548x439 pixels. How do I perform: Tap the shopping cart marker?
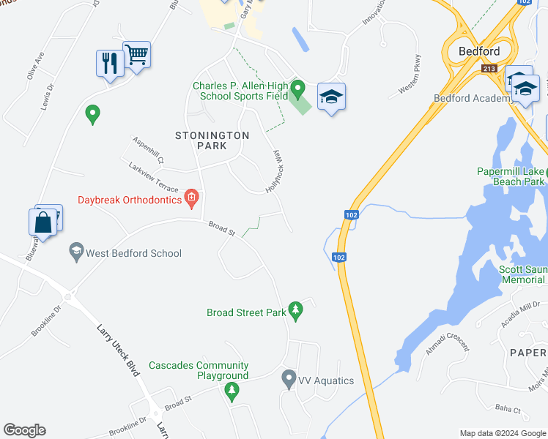tap(136, 54)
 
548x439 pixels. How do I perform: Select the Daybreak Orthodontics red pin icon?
tap(191, 198)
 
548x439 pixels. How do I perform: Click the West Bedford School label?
tap(133, 253)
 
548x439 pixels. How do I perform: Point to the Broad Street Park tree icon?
tap(296, 311)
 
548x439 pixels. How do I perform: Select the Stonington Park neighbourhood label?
tap(212, 141)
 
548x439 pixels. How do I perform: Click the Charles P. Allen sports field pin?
tap(297, 89)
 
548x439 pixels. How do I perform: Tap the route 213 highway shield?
tap(490, 69)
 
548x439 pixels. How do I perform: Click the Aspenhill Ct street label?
tap(149, 149)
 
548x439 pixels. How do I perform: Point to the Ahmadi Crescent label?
tap(448, 341)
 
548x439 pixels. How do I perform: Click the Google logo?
tap(24, 430)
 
